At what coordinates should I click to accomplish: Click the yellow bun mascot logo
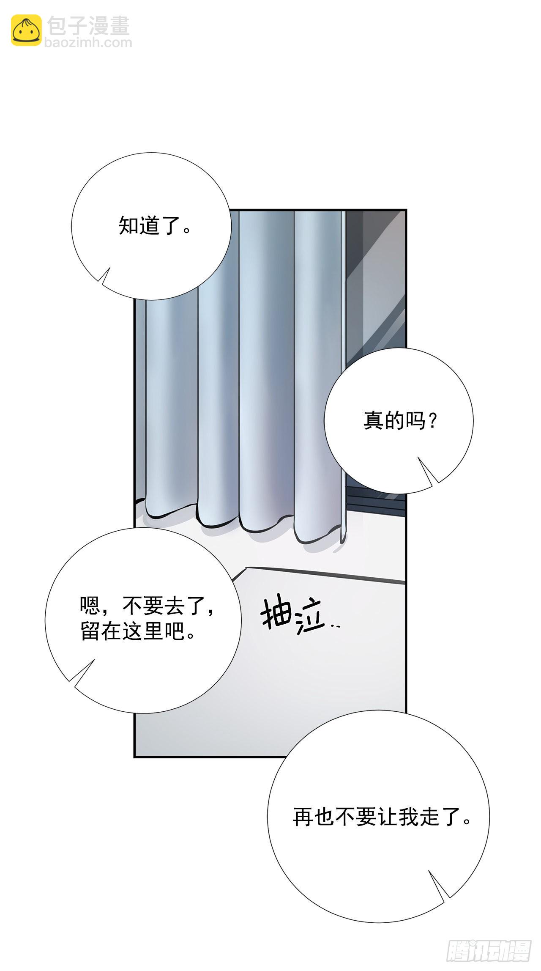26,30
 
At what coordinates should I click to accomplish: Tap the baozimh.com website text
88,42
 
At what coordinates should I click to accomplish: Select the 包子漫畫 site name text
88,26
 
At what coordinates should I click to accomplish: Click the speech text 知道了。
155,225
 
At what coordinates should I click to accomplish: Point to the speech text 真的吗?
400,421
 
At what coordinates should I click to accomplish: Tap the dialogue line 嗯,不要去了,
147,606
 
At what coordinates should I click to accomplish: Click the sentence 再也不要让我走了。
382,817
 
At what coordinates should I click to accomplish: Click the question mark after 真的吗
432,421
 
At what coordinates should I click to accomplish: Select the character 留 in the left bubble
90,632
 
